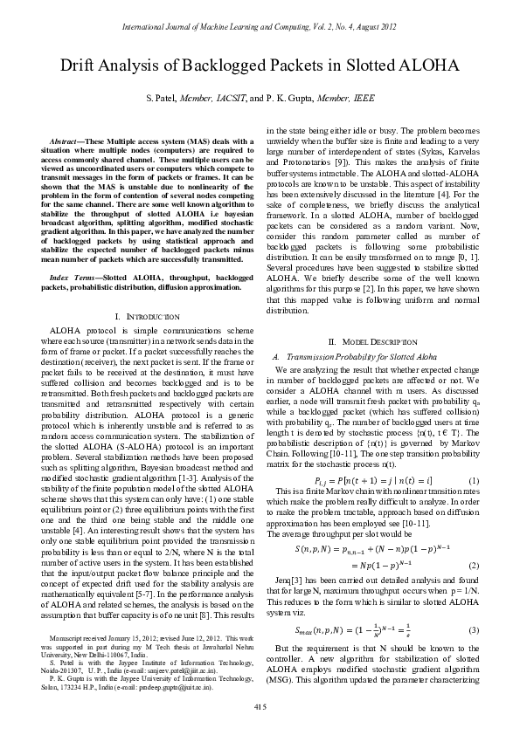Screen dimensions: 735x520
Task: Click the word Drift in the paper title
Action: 77,65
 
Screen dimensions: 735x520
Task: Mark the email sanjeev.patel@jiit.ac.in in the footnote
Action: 196,663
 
